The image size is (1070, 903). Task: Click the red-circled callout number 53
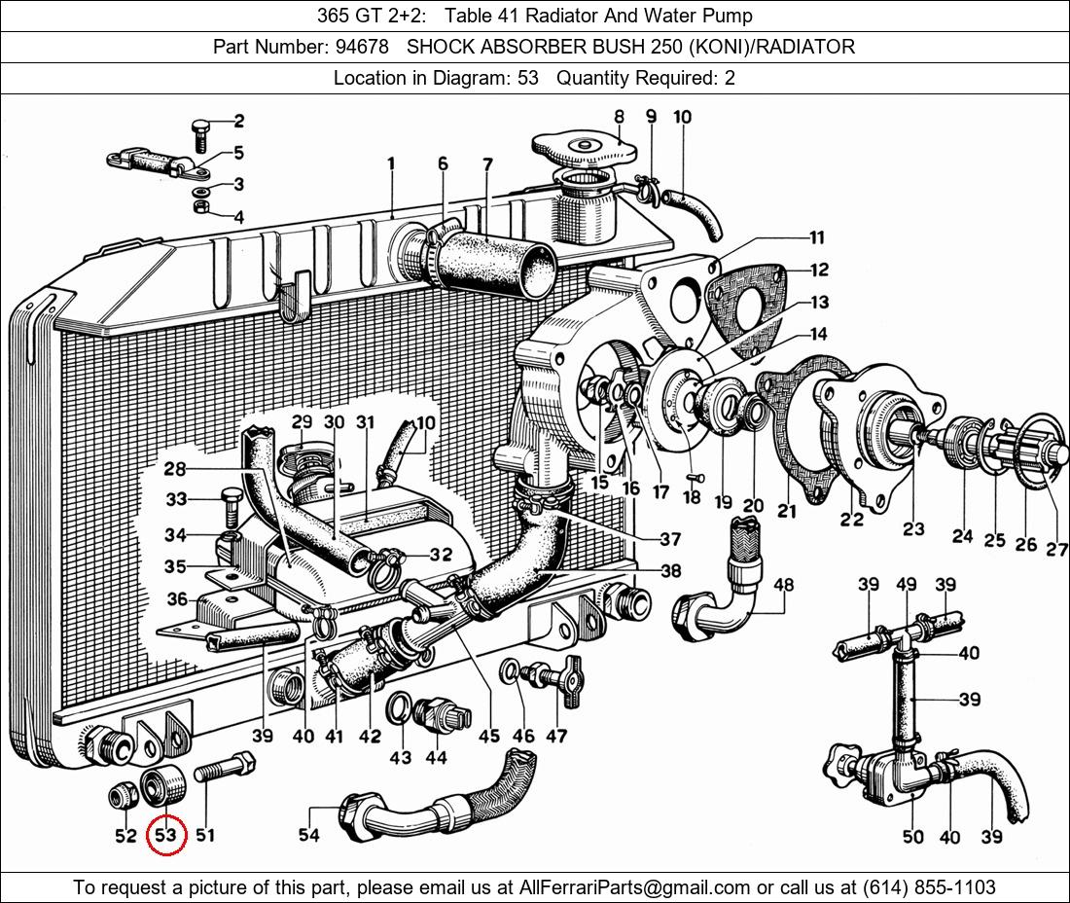tap(165, 835)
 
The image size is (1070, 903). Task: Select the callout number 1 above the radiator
tap(391, 164)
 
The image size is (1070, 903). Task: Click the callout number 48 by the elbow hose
tap(783, 585)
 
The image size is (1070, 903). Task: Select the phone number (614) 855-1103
tap(925, 887)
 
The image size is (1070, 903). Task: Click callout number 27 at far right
tap(1056, 550)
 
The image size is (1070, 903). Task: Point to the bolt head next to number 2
tap(199, 133)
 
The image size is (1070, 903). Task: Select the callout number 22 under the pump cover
tap(851, 519)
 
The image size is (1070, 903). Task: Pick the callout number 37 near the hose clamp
tap(669, 539)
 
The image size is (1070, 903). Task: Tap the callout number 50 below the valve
tap(912, 837)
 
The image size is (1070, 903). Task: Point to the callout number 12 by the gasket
tap(818, 271)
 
